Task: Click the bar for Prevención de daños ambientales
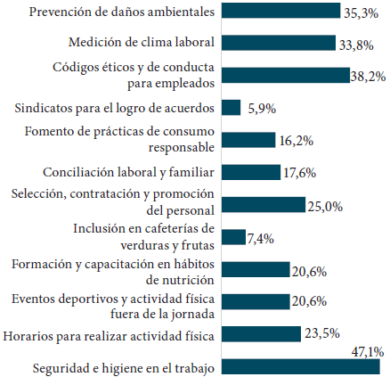[280, 11]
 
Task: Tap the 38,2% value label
[367, 77]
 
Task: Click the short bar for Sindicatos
[231, 108]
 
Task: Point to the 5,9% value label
[260, 108]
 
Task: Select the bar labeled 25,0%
[262, 205]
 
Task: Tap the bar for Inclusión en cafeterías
[232, 237]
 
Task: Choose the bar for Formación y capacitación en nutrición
[255, 269]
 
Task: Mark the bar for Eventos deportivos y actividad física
[255, 301]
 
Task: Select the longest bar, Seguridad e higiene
[300, 366]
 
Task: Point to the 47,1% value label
[366, 351]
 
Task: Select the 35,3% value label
[362, 12]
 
